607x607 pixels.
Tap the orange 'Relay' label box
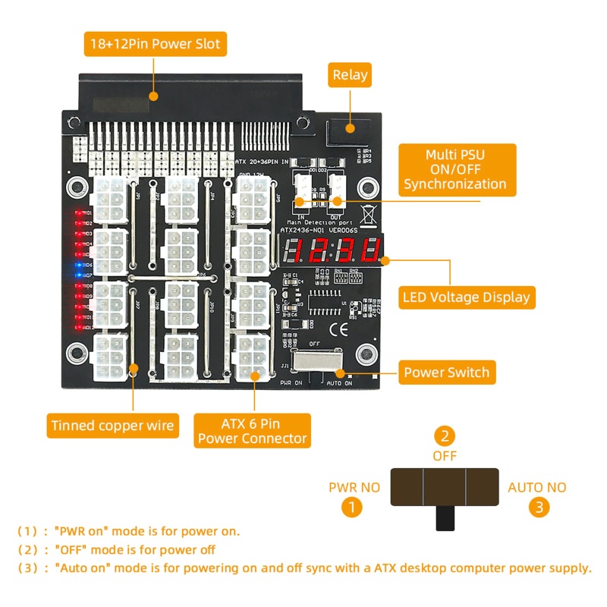350,74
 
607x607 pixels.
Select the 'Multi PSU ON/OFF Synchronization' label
454,169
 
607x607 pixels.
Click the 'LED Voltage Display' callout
467,296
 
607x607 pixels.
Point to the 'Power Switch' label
446,373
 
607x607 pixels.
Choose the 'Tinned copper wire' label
112,425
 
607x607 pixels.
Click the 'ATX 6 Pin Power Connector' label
252,430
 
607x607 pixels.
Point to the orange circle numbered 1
350,507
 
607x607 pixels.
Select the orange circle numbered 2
445,436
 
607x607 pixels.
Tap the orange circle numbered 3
537,507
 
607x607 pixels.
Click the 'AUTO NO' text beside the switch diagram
537,487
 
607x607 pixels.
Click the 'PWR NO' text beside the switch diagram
354,487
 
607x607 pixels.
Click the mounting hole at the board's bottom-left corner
76,352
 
